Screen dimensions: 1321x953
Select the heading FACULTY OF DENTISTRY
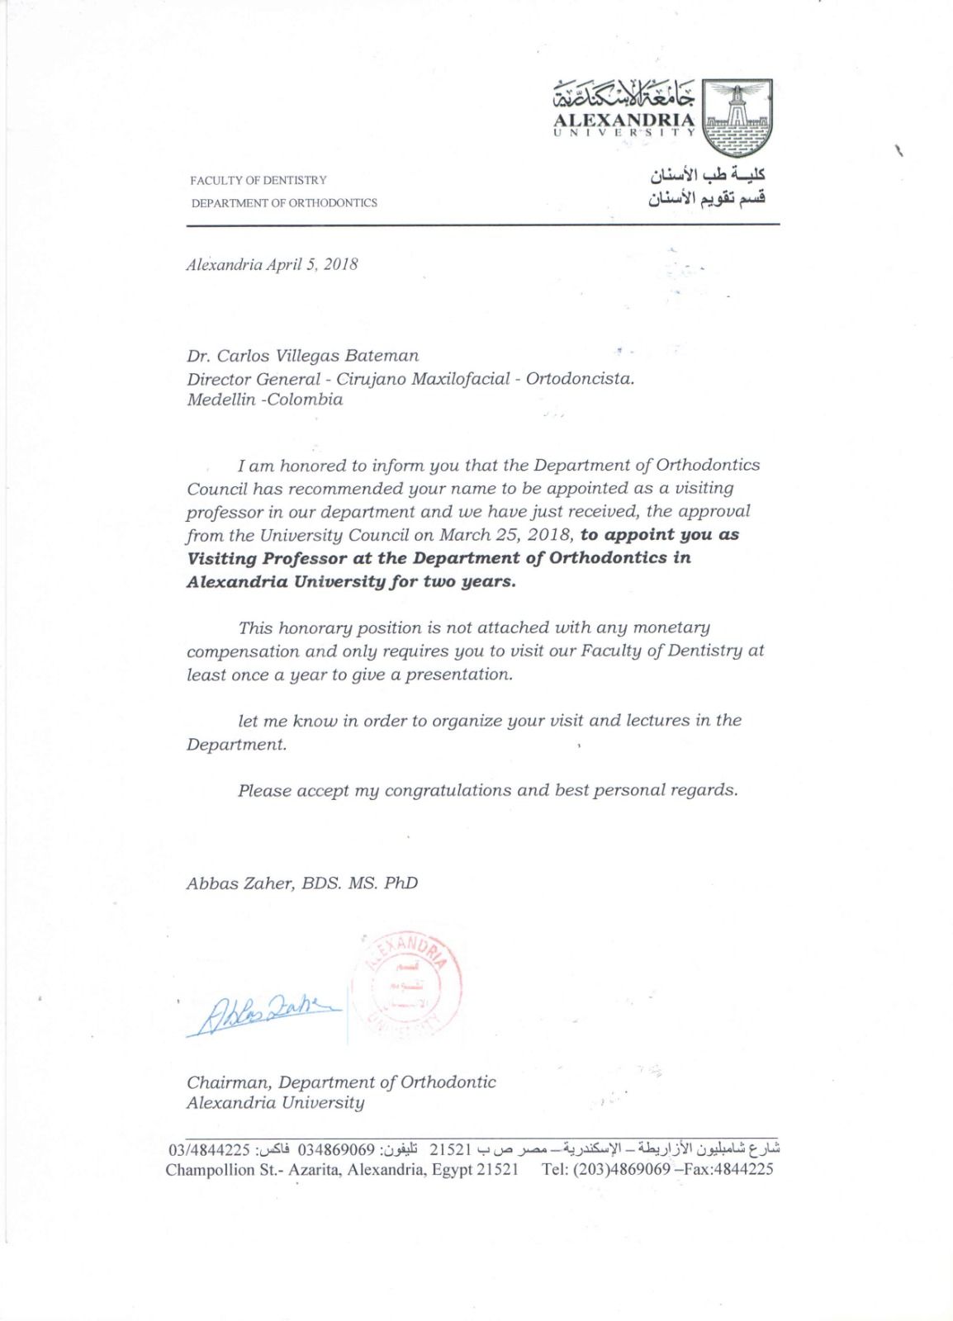(258, 180)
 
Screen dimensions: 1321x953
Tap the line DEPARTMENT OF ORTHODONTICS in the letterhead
(284, 202)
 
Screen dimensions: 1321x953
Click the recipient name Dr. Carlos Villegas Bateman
(302, 356)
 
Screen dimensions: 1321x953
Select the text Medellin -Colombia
(264, 400)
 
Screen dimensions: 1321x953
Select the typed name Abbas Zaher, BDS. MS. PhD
(302, 883)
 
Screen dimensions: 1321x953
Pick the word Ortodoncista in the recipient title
(580, 378)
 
